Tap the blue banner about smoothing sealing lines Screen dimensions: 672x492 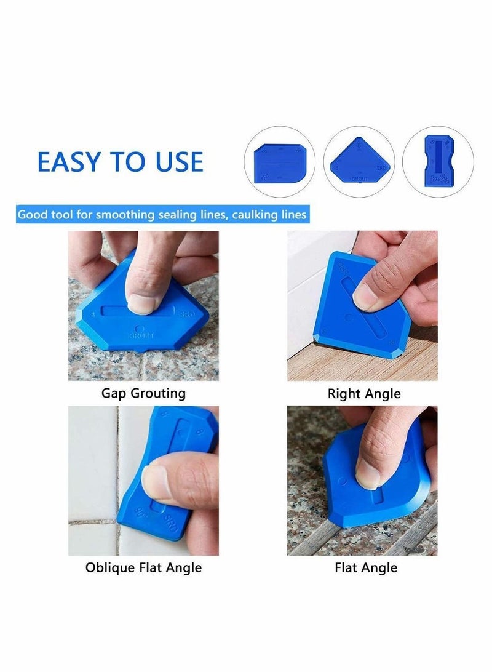(162, 215)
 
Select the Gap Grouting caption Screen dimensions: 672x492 (143, 393)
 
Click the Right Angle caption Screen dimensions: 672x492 (364, 393)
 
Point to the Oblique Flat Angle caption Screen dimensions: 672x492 (143, 567)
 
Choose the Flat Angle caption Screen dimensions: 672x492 (366, 567)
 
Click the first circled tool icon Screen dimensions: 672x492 (279, 162)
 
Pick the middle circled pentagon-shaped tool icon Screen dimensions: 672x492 (359, 162)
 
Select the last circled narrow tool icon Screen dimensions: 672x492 (438, 162)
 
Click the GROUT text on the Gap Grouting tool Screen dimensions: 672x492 (141, 336)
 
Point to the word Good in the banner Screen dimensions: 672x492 (30, 215)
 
